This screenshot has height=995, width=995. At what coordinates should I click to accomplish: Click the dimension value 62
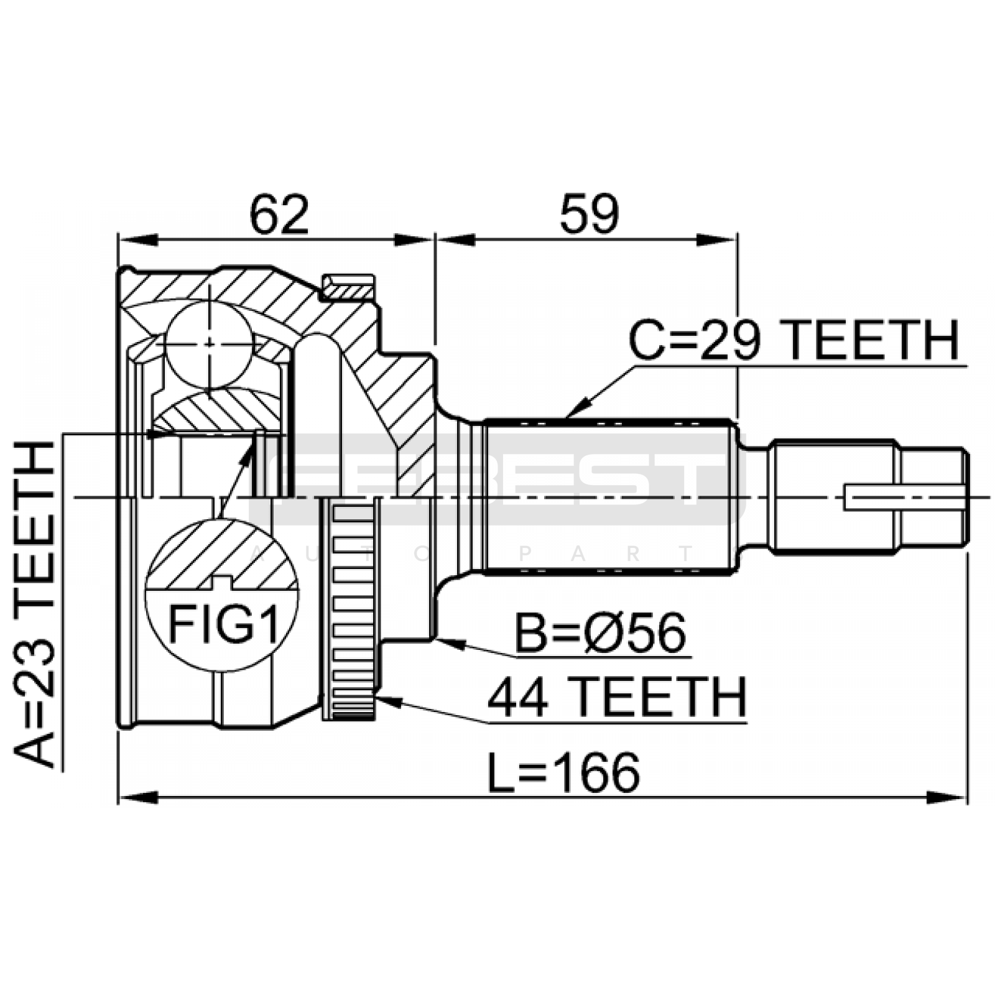click(279, 215)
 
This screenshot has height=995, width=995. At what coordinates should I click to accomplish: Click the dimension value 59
click(589, 215)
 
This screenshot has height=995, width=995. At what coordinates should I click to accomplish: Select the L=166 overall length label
click(563, 773)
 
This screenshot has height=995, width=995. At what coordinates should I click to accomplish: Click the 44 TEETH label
click(616, 698)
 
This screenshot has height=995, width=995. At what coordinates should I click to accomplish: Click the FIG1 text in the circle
click(223, 624)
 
